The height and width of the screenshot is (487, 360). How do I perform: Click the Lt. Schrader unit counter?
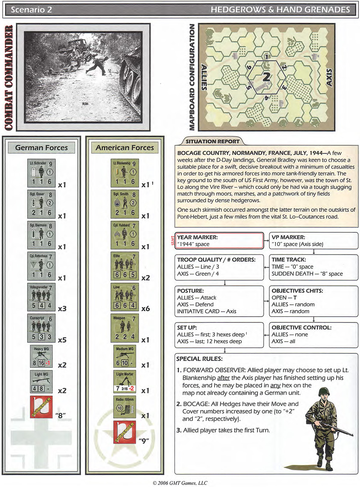(x=41, y=173)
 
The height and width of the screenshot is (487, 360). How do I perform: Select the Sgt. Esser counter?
(x=41, y=204)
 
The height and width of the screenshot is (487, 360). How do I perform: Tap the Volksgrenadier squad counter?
(x=41, y=297)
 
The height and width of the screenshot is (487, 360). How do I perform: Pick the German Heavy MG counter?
(x=41, y=357)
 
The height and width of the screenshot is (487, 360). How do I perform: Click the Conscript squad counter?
(x=41, y=328)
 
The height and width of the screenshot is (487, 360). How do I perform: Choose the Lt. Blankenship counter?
(x=125, y=173)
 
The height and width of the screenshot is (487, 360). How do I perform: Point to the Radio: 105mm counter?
(x=125, y=407)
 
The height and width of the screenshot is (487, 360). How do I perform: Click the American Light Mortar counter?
(x=125, y=382)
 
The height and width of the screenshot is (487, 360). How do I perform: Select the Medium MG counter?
(x=125, y=357)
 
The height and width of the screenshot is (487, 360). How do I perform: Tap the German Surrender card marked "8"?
(x=41, y=407)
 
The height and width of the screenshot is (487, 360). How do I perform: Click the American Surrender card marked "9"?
(x=125, y=432)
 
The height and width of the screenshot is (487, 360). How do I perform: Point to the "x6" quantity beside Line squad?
(x=146, y=309)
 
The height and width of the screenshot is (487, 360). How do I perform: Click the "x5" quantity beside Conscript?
(x=62, y=340)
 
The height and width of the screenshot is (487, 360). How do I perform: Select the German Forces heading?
(x=41, y=148)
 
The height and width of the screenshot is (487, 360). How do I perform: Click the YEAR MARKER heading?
(x=197, y=237)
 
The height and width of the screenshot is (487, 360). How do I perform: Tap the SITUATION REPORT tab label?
(x=212, y=141)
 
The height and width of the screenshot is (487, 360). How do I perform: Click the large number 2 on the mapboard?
(x=266, y=77)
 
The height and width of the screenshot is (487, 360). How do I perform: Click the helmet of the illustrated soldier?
(x=324, y=392)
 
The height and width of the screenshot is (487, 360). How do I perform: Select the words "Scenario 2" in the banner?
(x=31, y=10)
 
